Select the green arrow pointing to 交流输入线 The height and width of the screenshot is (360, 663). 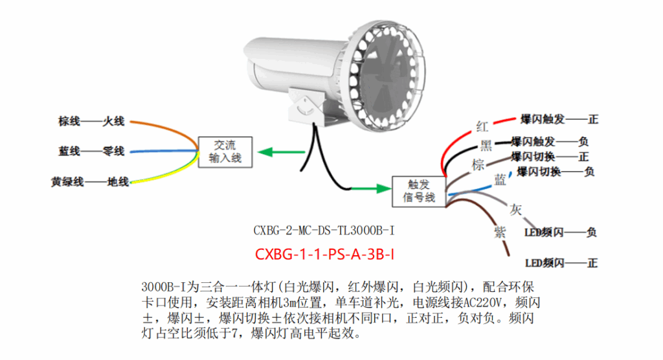coord(278,153)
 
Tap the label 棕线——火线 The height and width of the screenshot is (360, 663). coord(91,122)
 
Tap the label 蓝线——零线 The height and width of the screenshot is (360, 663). coord(91,152)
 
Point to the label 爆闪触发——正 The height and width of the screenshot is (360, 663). coord(559,120)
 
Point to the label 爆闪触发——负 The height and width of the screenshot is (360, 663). coord(549,141)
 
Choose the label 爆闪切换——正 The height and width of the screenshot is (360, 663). coord(549,157)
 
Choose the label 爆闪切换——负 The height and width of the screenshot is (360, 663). coord(555,172)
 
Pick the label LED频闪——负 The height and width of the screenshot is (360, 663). coord(561,232)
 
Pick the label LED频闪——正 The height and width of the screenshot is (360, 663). coord(561,263)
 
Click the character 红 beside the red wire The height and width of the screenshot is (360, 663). coord(482,126)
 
